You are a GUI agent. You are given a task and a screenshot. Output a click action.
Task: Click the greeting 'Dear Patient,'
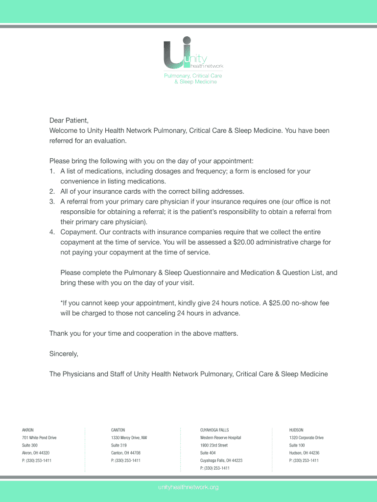(x=69, y=120)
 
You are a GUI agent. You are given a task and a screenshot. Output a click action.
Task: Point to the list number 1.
(x=51, y=171)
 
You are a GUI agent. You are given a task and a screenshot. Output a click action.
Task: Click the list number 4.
(x=51, y=232)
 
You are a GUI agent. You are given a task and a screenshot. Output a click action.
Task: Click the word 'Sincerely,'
(x=64, y=353)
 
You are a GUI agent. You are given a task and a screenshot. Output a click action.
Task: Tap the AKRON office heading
(x=28, y=430)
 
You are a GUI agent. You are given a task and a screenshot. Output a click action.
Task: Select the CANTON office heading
(x=118, y=430)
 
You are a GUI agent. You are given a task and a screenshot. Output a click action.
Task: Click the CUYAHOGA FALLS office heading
(x=214, y=430)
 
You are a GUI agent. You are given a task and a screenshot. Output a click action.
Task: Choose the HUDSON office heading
(x=296, y=430)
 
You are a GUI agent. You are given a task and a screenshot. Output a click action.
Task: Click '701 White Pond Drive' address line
(x=39, y=438)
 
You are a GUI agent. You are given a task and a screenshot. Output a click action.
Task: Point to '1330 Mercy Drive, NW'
(x=129, y=438)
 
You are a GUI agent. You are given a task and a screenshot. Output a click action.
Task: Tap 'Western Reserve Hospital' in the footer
(x=220, y=438)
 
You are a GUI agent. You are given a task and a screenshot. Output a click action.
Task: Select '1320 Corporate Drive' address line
(x=306, y=438)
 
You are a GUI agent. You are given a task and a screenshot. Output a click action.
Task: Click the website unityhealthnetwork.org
(x=188, y=487)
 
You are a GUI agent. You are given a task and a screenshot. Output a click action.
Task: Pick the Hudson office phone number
(x=304, y=461)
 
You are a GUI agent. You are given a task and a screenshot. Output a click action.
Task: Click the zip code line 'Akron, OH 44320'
(x=36, y=453)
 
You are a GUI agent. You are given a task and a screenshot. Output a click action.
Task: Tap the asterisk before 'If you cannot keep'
(x=62, y=302)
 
